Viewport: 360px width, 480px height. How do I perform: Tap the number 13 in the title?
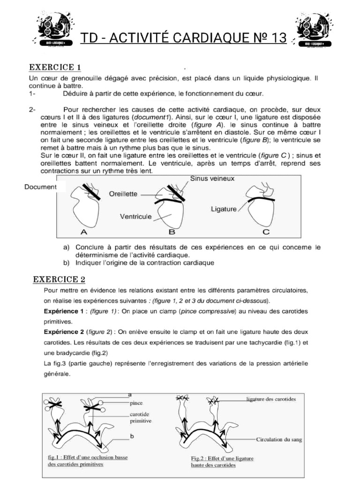(277, 38)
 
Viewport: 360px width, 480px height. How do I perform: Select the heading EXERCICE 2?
(59, 280)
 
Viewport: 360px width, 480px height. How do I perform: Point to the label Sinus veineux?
(212, 179)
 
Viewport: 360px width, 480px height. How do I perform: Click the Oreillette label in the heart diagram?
(124, 193)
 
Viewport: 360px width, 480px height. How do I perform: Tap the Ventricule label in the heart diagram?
(135, 217)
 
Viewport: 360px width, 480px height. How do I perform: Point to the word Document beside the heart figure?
(40, 187)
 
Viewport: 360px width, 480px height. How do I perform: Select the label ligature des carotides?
(270, 399)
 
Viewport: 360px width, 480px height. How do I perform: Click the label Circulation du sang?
(279, 440)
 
